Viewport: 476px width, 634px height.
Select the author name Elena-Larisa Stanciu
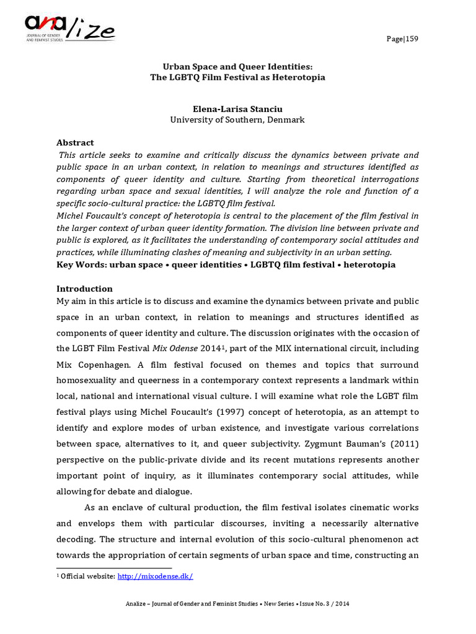pos(237,108)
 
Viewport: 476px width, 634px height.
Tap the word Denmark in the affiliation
pos(286,119)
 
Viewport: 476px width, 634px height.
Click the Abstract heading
pos(75,142)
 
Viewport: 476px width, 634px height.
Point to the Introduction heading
pos(85,289)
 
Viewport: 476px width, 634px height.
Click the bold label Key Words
pos(81,264)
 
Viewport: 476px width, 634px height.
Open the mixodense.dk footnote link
pos(156,576)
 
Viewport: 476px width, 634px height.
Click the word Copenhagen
pos(104,365)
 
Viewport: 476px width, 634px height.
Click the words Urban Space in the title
pos(188,66)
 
